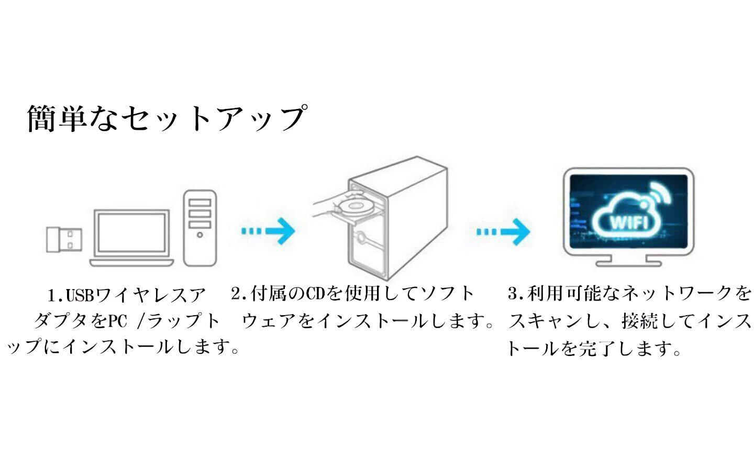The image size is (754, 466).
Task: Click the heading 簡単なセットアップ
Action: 167,118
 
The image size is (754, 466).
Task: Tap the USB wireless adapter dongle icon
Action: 64,239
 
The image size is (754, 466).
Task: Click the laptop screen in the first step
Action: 131,232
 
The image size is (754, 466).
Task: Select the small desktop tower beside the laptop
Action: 199,228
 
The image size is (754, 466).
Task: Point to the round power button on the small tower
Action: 199,235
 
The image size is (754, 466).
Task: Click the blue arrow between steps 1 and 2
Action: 268,231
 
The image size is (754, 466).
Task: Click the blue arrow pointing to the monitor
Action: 503,231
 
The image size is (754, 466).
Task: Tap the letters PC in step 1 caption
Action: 117,321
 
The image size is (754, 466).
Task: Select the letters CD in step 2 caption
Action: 315,294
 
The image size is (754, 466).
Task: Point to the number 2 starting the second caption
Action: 236,294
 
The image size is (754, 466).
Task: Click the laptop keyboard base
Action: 131,263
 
